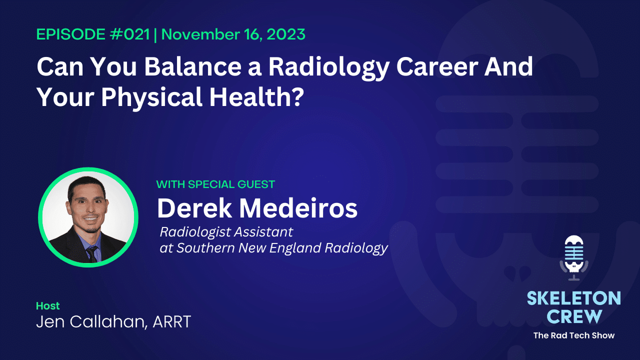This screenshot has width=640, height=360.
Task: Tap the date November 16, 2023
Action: click(233, 35)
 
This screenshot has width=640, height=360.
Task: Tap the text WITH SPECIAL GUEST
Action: click(215, 184)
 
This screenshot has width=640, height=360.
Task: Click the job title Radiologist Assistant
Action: click(226, 232)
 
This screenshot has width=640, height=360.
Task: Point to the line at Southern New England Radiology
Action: click(273, 248)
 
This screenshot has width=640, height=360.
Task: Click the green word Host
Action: click(47, 305)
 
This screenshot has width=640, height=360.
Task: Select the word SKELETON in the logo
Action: click(573, 298)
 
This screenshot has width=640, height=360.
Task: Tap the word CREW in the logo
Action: click(573, 316)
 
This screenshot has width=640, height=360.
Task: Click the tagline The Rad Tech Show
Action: click(573, 335)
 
